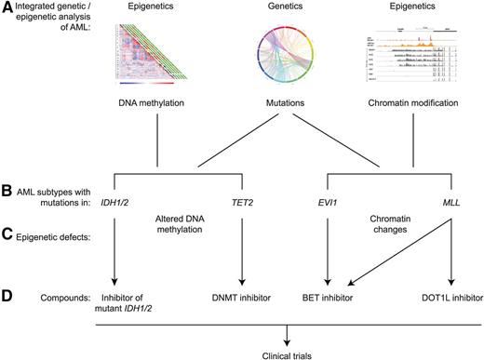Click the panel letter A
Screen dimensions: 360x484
pos(7,7)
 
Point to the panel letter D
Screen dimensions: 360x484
pos(7,298)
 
